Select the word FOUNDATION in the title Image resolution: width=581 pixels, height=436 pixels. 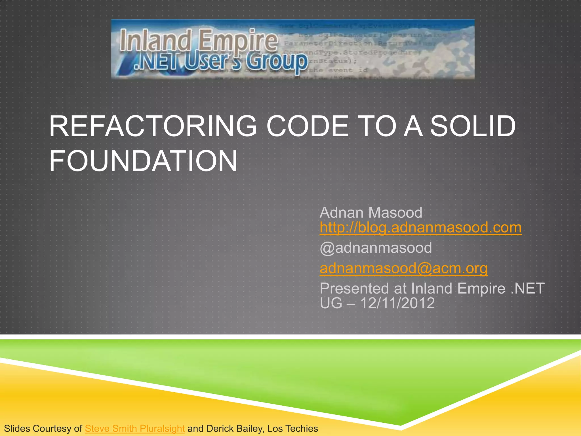pyautogui.click(x=143, y=161)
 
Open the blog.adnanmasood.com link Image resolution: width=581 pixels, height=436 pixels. pyautogui.click(x=420, y=228)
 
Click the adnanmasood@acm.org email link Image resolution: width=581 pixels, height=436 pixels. pyautogui.click(x=403, y=268)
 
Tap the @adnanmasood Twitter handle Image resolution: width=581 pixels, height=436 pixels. pyautogui.click(x=376, y=248)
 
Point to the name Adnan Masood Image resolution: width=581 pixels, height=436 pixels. pyautogui.click(x=371, y=213)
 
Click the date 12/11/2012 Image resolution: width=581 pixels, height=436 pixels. pyautogui.click(x=397, y=303)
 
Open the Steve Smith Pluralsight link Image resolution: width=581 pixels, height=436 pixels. pyautogui.click(x=135, y=428)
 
